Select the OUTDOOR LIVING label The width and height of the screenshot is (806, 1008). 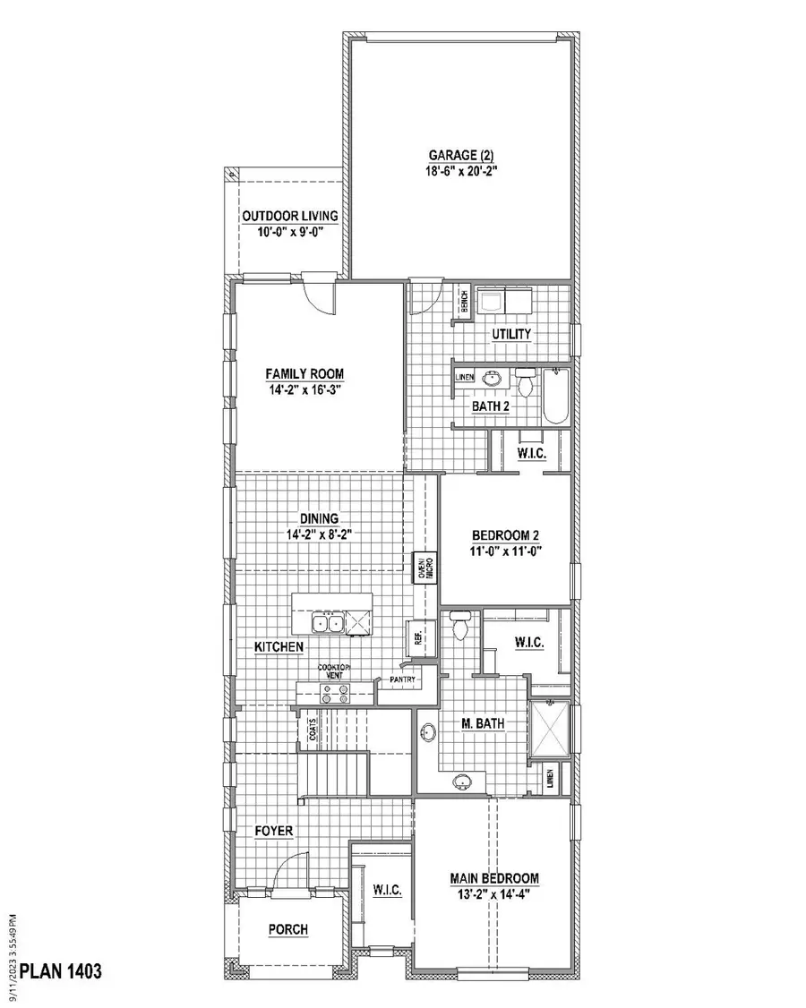coord(289,216)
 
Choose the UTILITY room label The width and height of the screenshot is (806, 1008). coord(511,334)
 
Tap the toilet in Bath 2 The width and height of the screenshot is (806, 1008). coord(527,383)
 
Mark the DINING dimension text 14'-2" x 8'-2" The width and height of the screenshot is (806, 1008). coord(319,534)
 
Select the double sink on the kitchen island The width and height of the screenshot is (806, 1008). coord(328,622)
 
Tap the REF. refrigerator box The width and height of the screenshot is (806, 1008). coord(418,636)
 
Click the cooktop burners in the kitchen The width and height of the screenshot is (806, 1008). coord(334,692)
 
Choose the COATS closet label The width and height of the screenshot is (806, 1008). coord(313,730)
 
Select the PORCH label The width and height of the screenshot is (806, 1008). coord(288,930)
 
